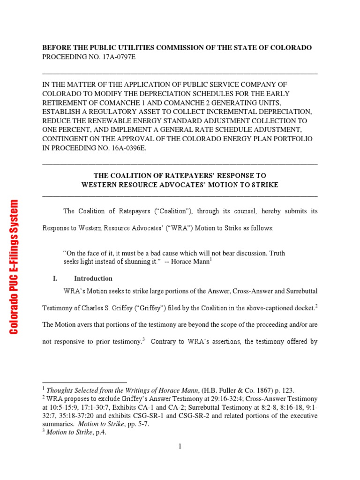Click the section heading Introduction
point(93,278)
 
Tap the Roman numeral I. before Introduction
point(55,278)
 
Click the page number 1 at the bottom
point(180,446)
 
